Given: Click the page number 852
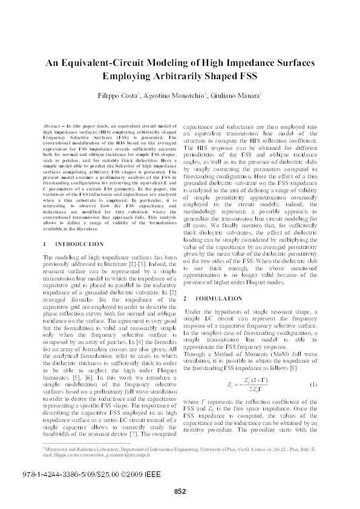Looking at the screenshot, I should pos(180,491).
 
